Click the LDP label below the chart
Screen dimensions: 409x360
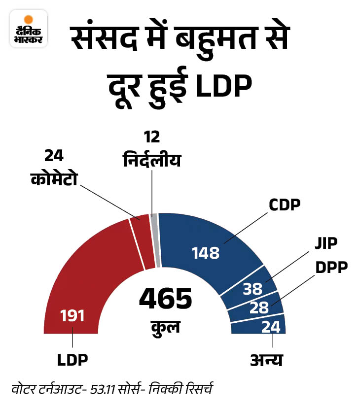pos(72,359)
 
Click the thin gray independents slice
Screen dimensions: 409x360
pos(155,241)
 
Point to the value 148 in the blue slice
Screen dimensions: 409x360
pos(206,253)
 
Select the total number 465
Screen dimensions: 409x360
pos(165,299)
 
